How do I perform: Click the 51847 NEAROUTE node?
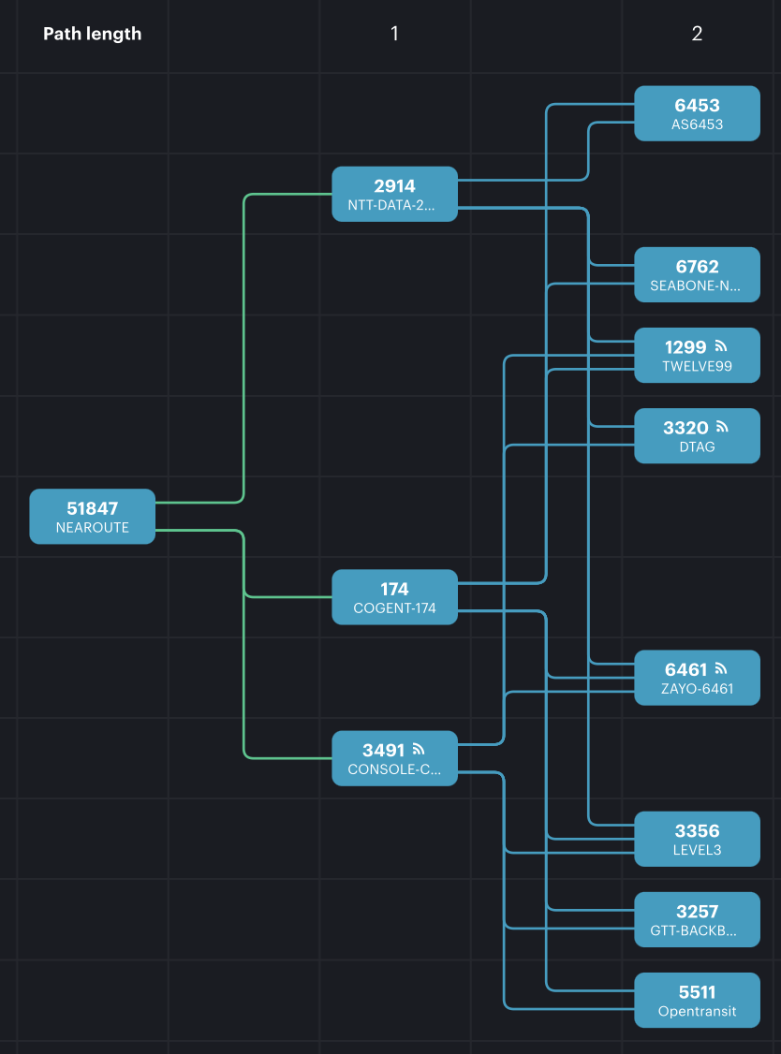point(92,516)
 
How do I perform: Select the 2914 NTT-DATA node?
point(394,194)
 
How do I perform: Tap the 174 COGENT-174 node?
point(394,597)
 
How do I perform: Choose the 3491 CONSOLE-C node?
point(394,758)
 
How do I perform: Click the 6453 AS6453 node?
point(697,113)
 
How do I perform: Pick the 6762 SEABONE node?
point(697,274)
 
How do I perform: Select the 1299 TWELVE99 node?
point(697,356)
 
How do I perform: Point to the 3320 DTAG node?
point(697,436)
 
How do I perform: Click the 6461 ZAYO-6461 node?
point(697,678)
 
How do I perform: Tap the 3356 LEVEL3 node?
point(697,839)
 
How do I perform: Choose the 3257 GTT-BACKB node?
point(697,920)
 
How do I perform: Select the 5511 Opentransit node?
point(697,1001)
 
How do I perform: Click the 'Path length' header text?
point(92,34)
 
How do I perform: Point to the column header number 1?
point(394,34)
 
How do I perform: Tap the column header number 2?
point(697,34)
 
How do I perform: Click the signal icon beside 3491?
point(419,749)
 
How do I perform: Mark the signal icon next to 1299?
point(721,346)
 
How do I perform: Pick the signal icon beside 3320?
point(721,427)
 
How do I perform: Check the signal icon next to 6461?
point(721,668)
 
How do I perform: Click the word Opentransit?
point(697,1011)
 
